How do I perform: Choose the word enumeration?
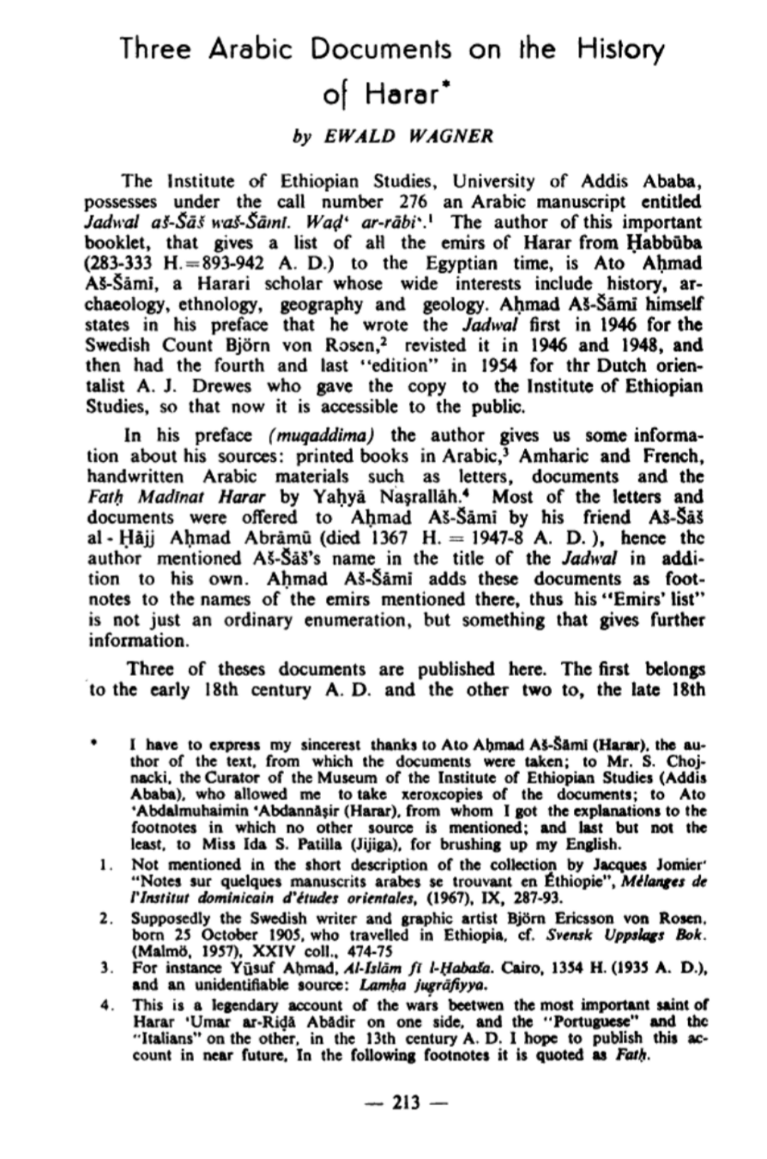(359, 620)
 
